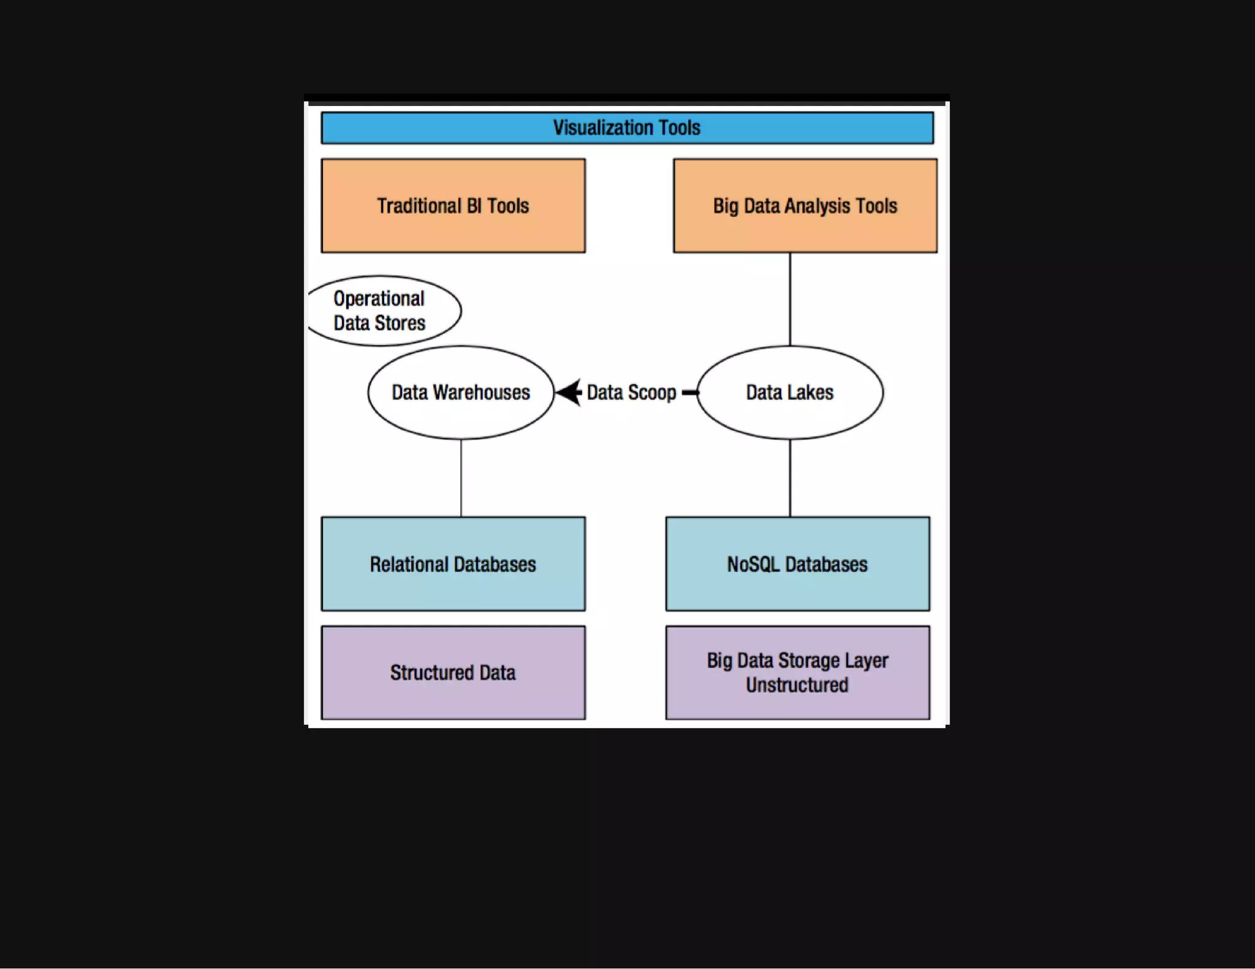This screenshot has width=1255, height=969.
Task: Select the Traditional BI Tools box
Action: (453, 206)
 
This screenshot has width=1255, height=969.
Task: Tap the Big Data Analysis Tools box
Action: (805, 206)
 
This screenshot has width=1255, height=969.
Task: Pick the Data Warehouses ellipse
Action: (461, 393)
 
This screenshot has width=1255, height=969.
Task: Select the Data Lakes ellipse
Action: (790, 393)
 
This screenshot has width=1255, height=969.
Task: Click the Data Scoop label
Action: (631, 393)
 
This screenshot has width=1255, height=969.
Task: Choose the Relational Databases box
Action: (453, 564)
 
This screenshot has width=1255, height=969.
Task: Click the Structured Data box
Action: (453, 673)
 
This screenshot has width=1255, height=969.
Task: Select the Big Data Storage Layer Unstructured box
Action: (797, 673)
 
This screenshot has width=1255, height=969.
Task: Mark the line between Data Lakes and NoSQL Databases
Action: (790, 478)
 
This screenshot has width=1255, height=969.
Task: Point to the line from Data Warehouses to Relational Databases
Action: (461, 478)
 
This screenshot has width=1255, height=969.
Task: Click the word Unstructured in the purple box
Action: (797, 685)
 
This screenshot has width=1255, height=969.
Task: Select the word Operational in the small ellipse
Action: (379, 299)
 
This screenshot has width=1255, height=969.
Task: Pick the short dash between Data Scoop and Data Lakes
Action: (689, 393)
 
